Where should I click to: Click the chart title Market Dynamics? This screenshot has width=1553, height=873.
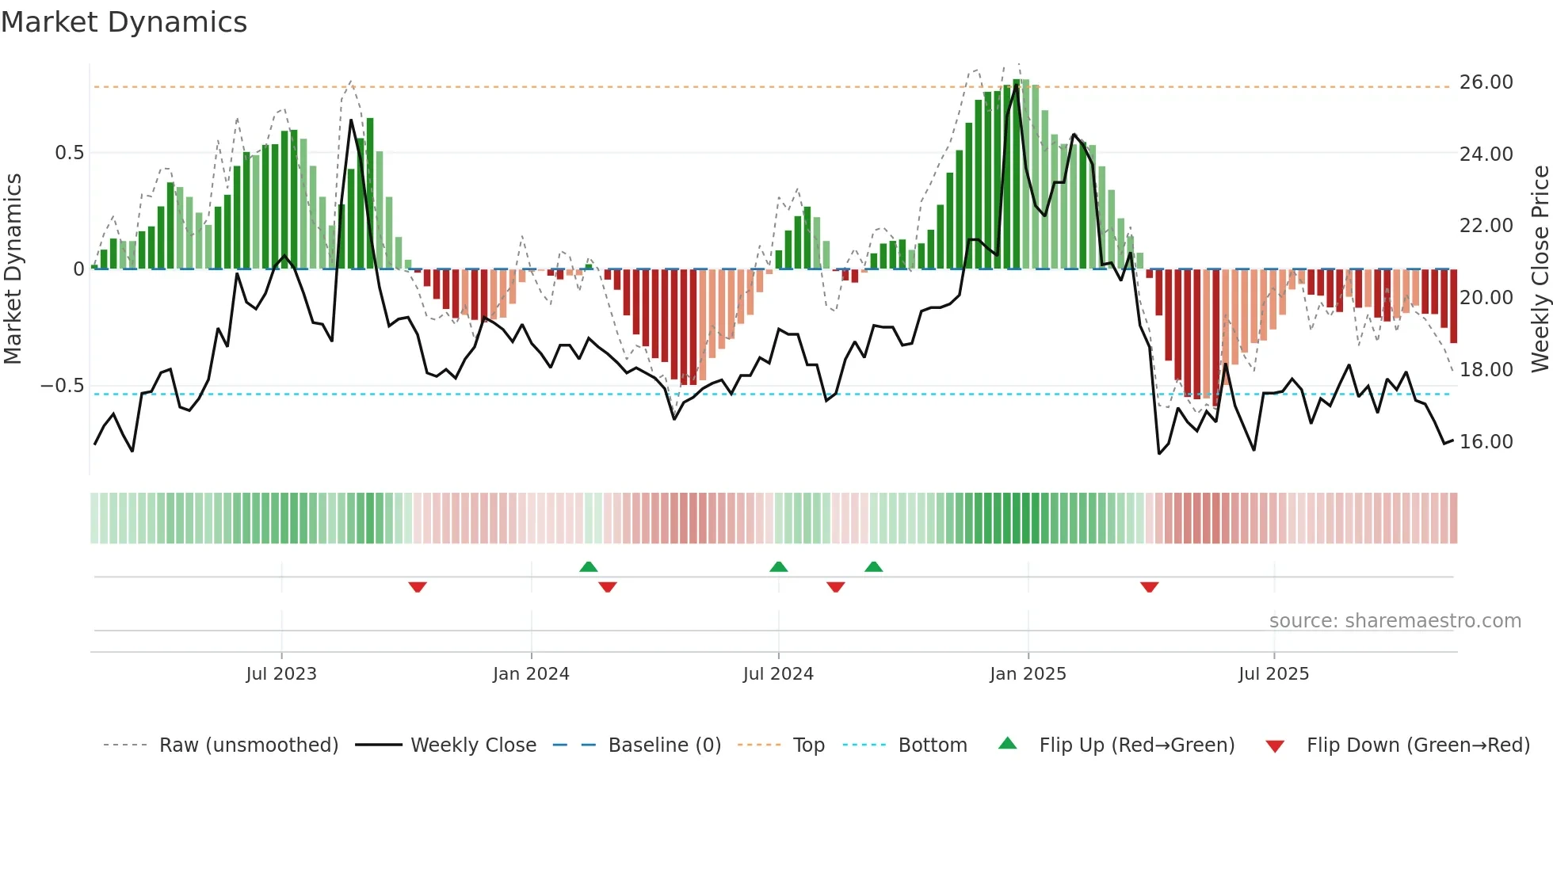pos(124,22)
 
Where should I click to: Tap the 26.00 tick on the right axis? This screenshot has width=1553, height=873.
pos(1486,82)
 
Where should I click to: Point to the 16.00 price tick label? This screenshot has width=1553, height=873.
pos(1486,442)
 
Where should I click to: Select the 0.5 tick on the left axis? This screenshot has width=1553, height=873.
pos(69,153)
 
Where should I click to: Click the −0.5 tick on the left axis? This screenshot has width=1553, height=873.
pos(63,386)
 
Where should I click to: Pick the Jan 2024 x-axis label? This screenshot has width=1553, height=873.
pos(531,674)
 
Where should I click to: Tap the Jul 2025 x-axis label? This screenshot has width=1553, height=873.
pos(1273,674)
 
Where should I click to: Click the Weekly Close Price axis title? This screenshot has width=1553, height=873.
pos(1540,269)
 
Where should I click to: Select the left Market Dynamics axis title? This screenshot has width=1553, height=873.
pos(13,269)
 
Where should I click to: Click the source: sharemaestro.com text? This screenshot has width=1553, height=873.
pos(1395,621)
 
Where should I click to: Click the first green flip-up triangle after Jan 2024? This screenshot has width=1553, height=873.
pos(588,567)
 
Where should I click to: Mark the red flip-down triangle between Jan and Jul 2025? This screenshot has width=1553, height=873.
pos(1149,587)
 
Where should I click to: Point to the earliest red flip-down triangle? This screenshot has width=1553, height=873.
pos(418,587)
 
